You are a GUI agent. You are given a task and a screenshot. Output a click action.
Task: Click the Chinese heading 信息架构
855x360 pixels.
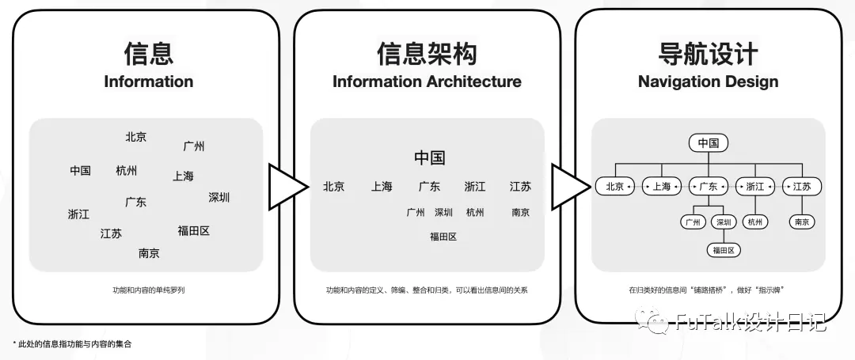[427, 53]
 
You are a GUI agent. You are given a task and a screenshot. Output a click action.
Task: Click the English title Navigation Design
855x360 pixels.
[708, 81]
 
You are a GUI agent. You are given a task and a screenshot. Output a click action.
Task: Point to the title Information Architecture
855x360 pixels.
[427, 81]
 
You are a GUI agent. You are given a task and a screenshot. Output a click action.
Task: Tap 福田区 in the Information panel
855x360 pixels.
[194, 231]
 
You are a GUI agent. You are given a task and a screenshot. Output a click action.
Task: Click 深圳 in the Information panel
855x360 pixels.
[218, 197]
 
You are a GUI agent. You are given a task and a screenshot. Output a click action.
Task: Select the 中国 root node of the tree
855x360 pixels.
[709, 143]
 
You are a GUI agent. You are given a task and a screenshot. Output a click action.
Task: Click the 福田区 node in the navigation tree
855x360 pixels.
[724, 251]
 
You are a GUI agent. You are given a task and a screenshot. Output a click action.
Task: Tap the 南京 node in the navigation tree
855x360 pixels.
[802, 222]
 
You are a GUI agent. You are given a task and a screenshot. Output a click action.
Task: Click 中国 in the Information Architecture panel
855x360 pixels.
[430, 158]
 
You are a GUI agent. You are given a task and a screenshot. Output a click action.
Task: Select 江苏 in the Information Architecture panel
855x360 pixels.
[520, 187]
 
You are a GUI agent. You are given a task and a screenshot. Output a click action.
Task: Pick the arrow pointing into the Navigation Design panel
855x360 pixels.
[571, 187]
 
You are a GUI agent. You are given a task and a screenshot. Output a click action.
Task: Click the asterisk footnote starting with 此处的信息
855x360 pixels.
[72, 343]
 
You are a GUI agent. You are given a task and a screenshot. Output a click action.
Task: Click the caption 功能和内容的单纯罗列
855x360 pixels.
[149, 290]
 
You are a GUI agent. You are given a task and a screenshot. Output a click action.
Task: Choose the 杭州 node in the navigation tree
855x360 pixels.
[755, 222]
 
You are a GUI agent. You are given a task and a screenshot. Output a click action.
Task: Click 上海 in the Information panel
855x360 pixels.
[183, 176]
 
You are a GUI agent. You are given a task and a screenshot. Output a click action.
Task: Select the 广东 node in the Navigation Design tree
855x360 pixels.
[709, 187]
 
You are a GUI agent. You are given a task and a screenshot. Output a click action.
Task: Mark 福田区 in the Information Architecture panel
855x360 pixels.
[443, 237]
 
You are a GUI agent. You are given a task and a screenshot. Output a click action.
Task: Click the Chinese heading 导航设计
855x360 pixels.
[708, 53]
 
